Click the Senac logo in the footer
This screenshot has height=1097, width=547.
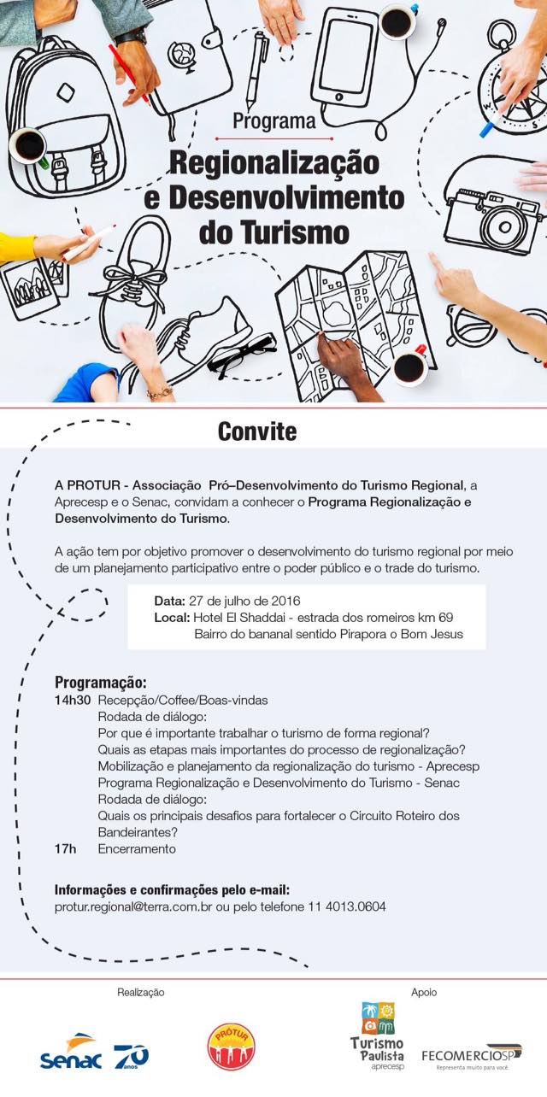click(71, 1057)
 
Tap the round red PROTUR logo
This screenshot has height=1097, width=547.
click(231, 1047)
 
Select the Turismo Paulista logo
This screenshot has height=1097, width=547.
click(377, 1035)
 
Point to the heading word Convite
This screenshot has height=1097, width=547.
click(256, 431)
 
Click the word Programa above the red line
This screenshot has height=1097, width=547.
click(273, 122)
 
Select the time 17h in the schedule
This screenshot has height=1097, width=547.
click(65, 849)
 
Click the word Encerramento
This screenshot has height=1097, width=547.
click(137, 849)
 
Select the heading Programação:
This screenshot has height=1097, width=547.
click(101, 683)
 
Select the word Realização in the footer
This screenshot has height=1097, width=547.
click(140, 992)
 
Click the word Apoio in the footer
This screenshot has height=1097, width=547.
click(424, 992)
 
